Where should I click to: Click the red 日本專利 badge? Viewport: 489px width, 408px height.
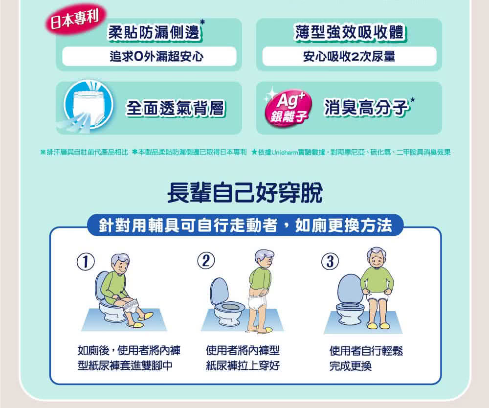tap(76, 20)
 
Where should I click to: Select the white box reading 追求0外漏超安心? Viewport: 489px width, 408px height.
tap(149, 56)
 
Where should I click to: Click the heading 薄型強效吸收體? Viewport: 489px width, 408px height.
tap(349, 32)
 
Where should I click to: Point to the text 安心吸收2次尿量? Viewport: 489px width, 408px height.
tap(349, 56)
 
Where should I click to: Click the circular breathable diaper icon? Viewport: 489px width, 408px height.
tap(88, 105)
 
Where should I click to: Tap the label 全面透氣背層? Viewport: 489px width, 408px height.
tap(176, 108)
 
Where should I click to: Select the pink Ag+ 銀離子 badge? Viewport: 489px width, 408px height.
tap(288, 108)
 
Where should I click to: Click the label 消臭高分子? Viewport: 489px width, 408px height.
tap(366, 108)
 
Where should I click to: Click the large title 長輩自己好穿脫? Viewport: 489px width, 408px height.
tap(245, 193)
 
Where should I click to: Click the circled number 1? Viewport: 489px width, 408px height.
tap(86, 262)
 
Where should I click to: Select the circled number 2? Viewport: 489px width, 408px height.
tap(206, 260)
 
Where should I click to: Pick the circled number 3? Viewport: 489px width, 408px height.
tap(330, 261)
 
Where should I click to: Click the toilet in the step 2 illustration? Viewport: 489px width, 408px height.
tap(227, 302)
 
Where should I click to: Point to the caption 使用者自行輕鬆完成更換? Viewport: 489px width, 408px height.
tap(366, 358)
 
